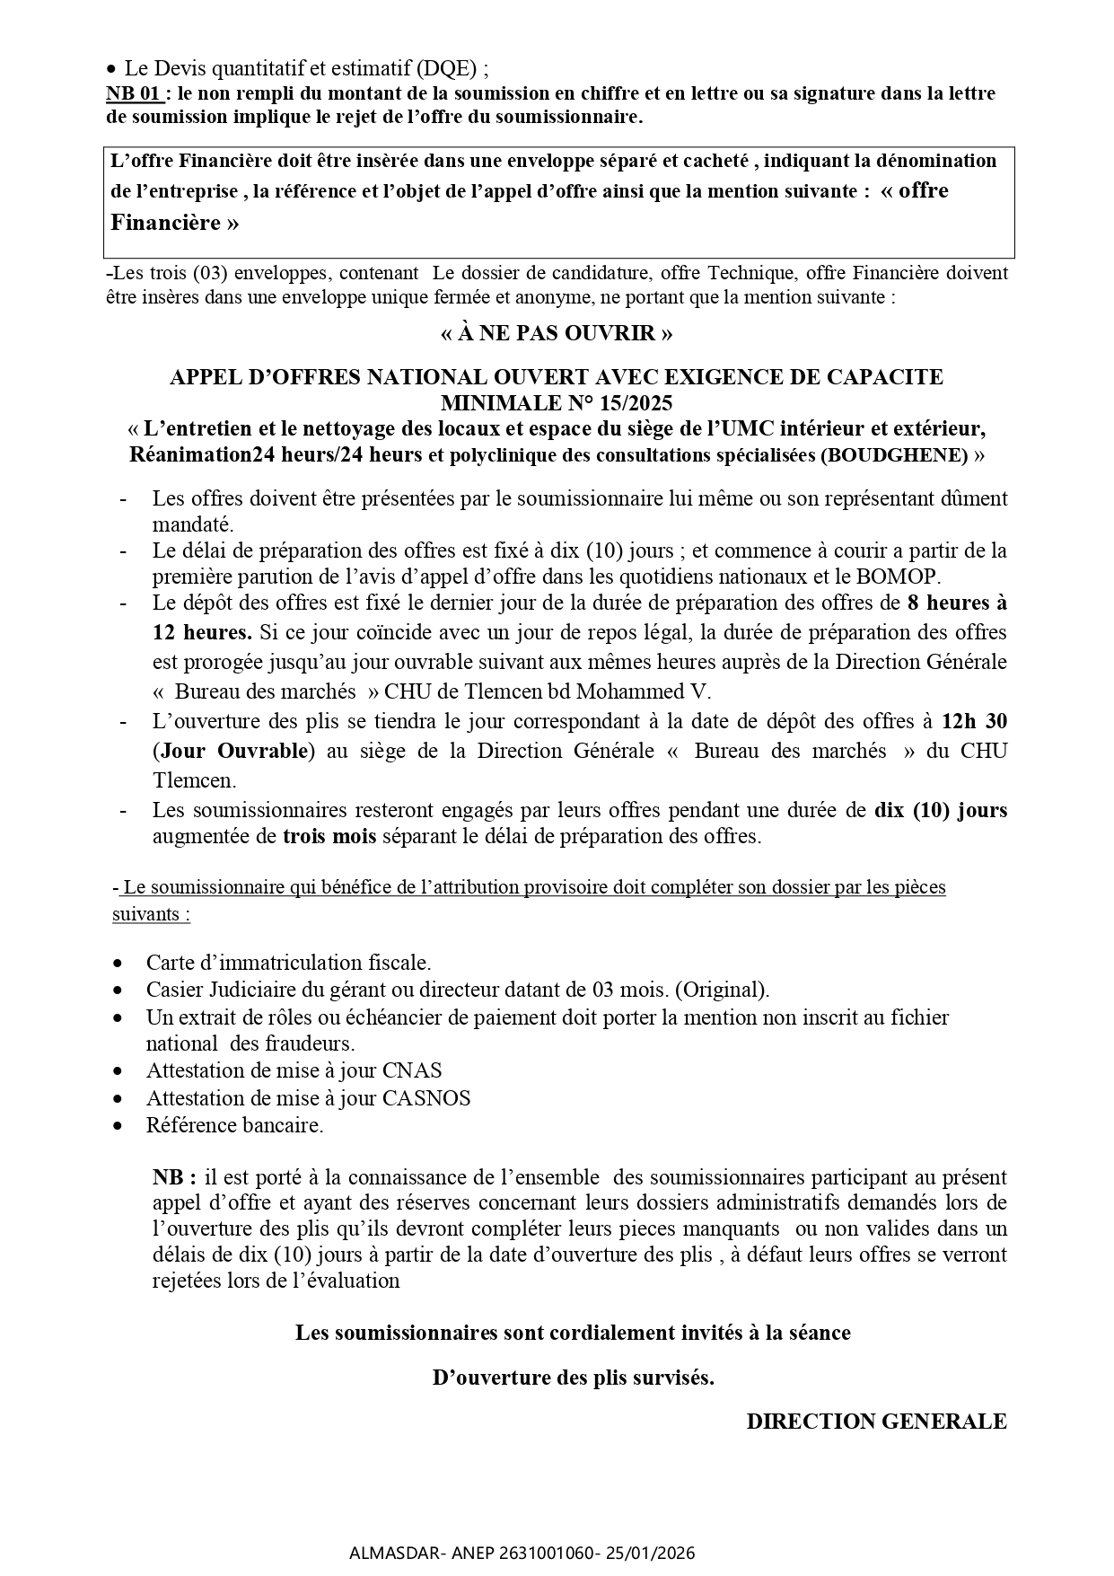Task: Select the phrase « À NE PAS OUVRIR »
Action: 557,333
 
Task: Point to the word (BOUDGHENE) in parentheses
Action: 894,455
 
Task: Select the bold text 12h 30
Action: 974,721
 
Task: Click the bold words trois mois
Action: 329,837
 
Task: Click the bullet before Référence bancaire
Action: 118,1126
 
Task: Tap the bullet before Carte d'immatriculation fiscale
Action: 118,964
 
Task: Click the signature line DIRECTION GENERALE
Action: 876,1422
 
